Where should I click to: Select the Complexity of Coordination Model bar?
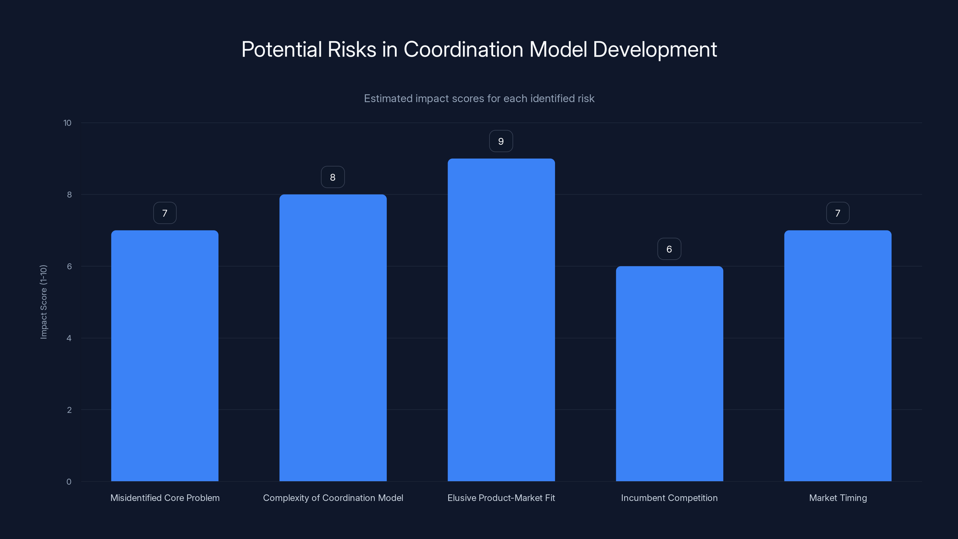point(333,337)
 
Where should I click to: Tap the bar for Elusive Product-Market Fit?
point(501,320)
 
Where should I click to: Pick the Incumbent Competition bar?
point(669,373)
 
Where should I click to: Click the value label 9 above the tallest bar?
point(501,141)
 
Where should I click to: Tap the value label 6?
point(669,249)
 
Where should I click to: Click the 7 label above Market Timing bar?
point(838,213)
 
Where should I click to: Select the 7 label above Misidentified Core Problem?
point(165,213)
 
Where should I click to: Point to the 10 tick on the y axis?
point(67,123)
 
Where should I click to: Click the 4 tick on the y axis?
point(69,338)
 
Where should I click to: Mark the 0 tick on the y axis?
point(69,482)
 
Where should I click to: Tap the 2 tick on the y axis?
point(69,410)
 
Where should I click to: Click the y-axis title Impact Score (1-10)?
point(43,302)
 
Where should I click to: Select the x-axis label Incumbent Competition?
point(669,498)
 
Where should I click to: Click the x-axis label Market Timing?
point(838,498)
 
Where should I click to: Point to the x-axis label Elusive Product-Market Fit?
point(501,498)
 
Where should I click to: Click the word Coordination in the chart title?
point(463,49)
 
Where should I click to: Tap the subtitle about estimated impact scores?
point(479,99)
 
